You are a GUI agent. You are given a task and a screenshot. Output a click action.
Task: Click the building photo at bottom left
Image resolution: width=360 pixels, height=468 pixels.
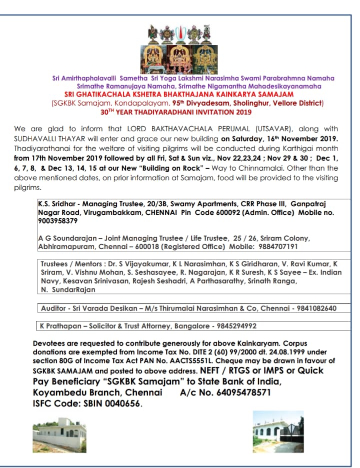[59, 432]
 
